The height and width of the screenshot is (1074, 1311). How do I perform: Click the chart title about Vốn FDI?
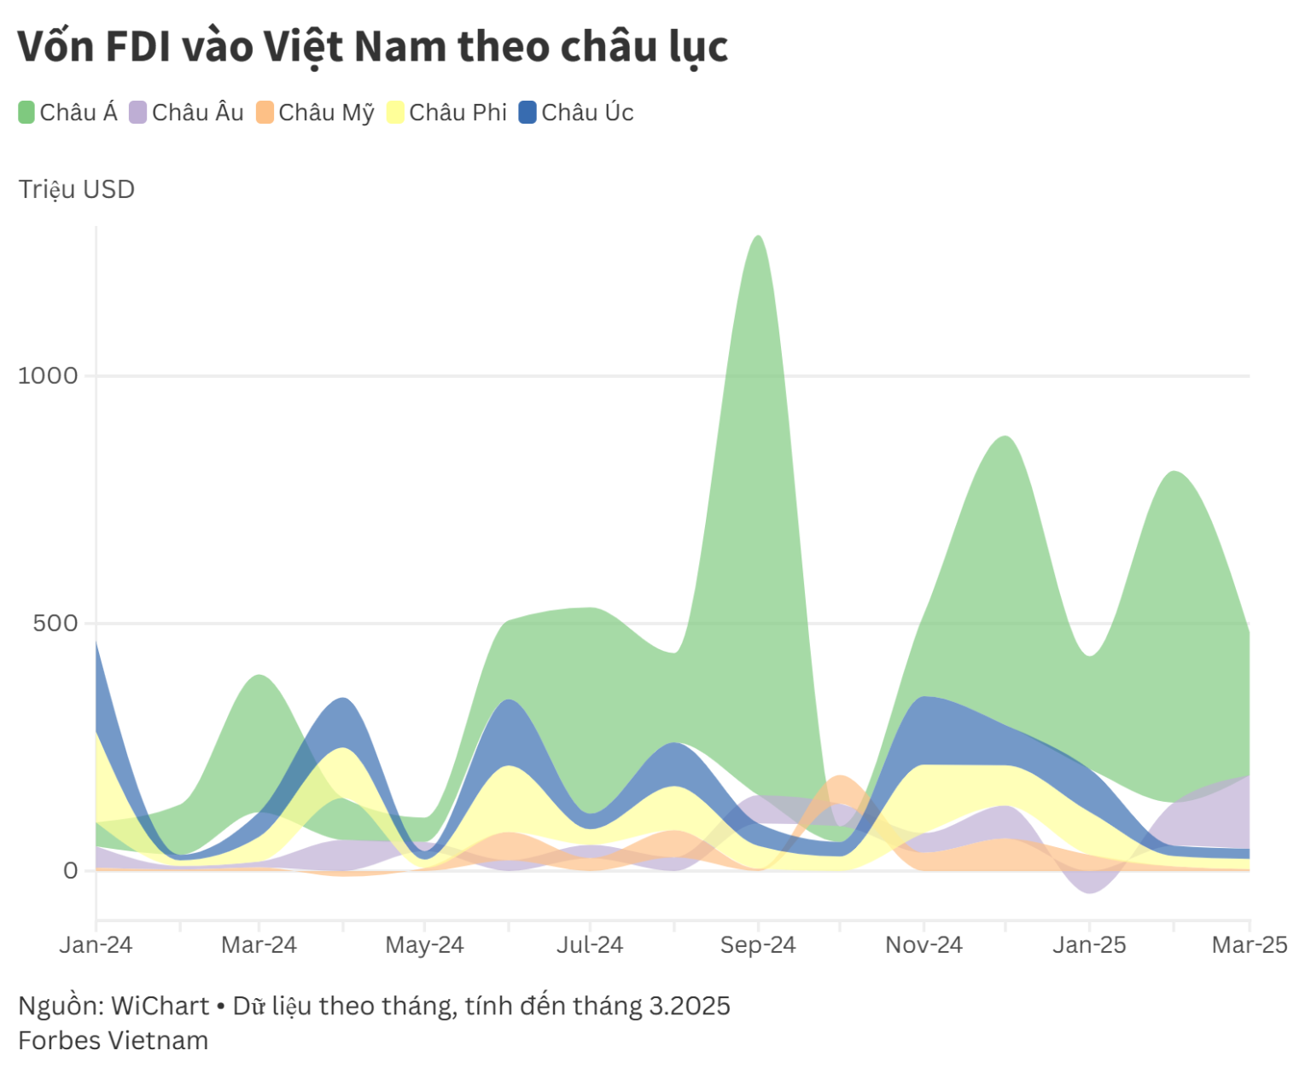pos(372,47)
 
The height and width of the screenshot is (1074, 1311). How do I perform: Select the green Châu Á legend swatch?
pos(26,113)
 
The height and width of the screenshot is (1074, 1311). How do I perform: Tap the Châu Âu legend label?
pos(197,113)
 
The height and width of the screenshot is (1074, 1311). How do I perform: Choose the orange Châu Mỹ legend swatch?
pos(265,113)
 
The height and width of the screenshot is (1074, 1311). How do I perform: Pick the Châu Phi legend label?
pos(457,113)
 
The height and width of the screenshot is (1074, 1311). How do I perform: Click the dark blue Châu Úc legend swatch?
pos(527,113)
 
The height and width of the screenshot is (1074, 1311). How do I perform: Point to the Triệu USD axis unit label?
pos(77,189)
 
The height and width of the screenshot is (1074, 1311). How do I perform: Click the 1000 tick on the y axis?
pos(48,375)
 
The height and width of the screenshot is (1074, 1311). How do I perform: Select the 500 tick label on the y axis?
pos(55,624)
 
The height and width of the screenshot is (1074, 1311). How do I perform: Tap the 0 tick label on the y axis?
pos(71,871)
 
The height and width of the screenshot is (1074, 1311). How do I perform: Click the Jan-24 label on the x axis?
pos(96,945)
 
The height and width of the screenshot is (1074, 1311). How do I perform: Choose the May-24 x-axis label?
pos(424,945)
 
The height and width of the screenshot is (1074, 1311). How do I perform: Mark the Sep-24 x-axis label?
pos(757,945)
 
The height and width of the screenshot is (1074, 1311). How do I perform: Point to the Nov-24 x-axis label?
pos(924,945)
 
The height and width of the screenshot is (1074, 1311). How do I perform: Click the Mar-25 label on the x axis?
pos(1249,945)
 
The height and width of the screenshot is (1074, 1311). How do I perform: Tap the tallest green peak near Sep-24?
pos(757,238)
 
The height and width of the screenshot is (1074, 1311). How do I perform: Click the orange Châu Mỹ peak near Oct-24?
pos(841,778)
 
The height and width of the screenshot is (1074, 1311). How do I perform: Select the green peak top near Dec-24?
pos(1005,438)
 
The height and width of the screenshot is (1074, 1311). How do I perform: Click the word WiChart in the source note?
pos(160,1007)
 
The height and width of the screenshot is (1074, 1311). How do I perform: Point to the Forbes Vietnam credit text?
pos(114,1041)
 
